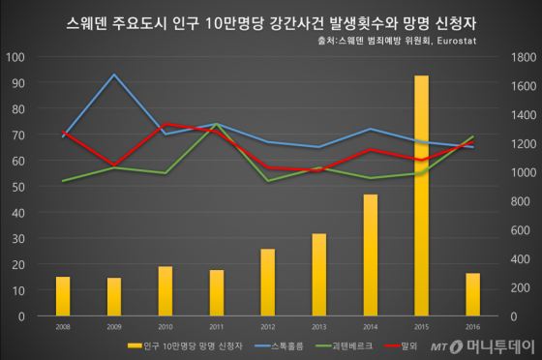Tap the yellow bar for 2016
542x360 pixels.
point(472,294)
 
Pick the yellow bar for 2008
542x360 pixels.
point(63,295)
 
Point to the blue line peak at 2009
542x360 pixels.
point(114,75)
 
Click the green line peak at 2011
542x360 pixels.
point(216,125)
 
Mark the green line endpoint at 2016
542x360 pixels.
point(472,136)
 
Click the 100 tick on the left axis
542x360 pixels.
point(16,57)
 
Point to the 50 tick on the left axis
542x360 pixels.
point(19,187)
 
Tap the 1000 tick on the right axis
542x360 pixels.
point(522,172)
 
